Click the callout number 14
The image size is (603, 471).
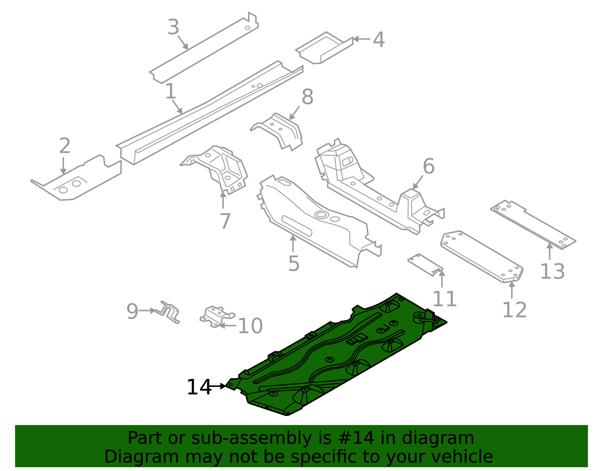pyautogui.click(x=199, y=387)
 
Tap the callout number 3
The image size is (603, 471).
pyautogui.click(x=173, y=28)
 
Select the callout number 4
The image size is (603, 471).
pyautogui.click(x=378, y=40)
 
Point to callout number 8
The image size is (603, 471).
pyautogui.click(x=307, y=97)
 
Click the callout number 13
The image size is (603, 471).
pyautogui.click(x=552, y=272)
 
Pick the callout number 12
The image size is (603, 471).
pyautogui.click(x=514, y=310)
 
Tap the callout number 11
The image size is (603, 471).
pyautogui.click(x=444, y=299)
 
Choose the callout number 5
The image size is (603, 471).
pyautogui.click(x=294, y=264)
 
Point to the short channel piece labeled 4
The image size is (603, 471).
pyautogui.click(x=324, y=48)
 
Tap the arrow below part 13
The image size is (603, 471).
pyautogui.click(x=549, y=252)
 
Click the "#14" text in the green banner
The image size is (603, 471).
pyautogui.click(x=357, y=438)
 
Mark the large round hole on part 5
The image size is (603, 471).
pyautogui.click(x=321, y=215)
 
